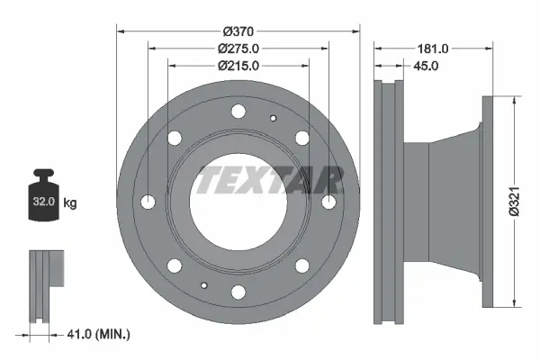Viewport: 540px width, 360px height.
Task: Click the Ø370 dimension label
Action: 238,31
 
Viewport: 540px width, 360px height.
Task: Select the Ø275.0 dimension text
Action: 238,49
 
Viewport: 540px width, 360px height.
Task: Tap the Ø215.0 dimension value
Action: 238,66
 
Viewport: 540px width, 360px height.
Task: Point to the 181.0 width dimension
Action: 433,49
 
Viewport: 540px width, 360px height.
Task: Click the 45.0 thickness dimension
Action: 426,66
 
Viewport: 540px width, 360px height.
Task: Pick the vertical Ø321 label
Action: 514,202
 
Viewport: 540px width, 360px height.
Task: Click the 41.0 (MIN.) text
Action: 98,334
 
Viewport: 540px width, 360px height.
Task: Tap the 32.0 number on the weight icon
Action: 44,202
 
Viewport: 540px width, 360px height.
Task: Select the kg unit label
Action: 70,202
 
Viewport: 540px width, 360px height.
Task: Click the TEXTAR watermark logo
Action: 268,180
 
